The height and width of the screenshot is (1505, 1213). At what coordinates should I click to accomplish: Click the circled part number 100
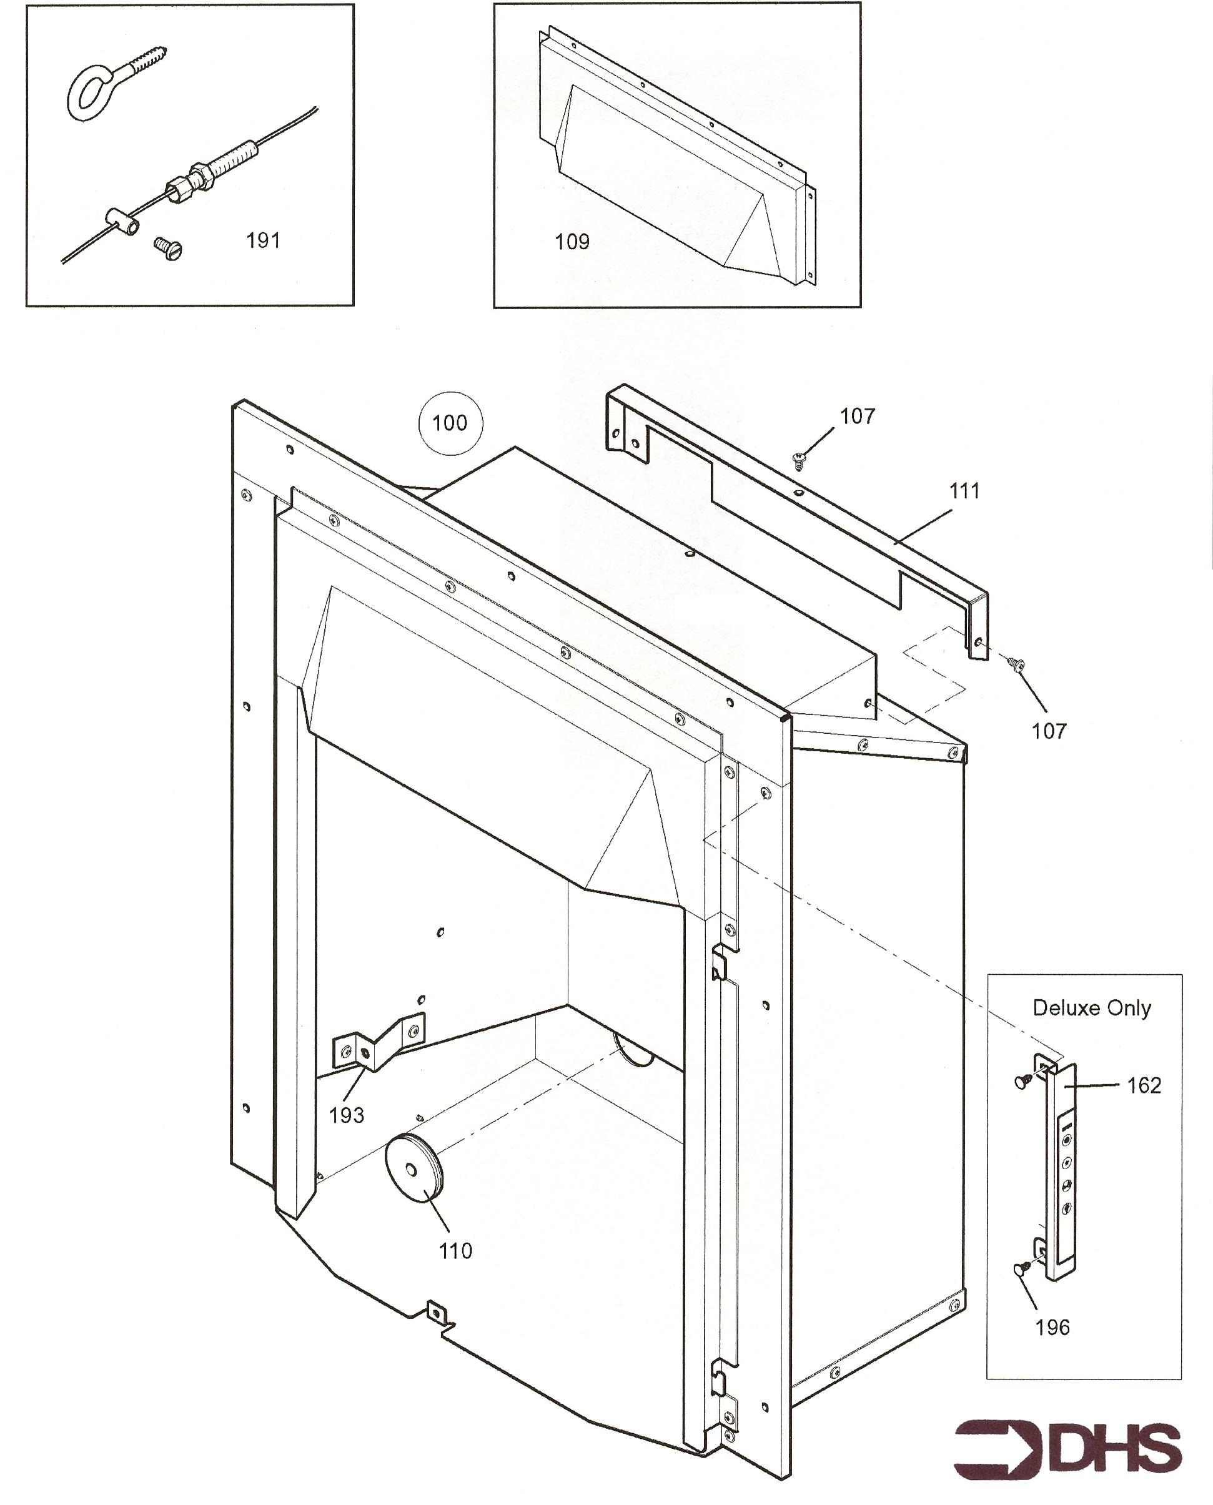tap(450, 423)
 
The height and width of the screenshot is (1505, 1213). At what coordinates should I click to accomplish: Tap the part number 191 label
tap(264, 240)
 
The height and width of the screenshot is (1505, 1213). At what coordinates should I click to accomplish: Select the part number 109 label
tap(572, 242)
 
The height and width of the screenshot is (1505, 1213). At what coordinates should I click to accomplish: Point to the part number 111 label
tap(965, 491)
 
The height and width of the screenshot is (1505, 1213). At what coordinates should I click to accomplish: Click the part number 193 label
tap(347, 1115)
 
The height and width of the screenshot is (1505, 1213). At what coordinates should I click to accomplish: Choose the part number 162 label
tap(1144, 1085)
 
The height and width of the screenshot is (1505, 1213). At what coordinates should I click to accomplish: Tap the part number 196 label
tap(1052, 1328)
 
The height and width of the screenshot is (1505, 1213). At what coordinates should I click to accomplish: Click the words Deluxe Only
tap(1091, 1007)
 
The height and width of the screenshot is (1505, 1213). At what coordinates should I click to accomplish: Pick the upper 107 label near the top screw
tap(858, 417)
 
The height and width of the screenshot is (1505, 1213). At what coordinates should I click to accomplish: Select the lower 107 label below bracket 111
tap(1049, 731)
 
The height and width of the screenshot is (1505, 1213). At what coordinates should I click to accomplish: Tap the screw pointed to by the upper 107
tap(800, 460)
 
